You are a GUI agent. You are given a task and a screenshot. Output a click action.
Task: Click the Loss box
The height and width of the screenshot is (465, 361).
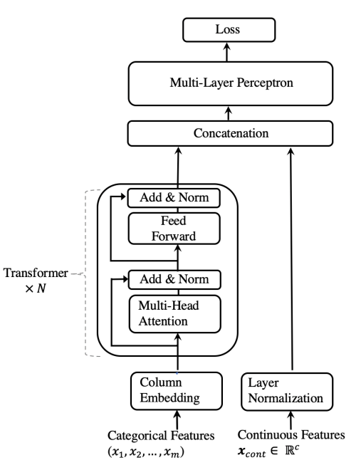pos(229,30)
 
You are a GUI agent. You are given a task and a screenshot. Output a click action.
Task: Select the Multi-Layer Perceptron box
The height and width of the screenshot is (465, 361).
pos(231,83)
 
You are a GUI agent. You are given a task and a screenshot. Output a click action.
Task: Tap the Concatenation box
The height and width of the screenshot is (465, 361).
pos(230,133)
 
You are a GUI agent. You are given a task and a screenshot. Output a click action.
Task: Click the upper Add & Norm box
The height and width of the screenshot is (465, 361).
pos(174,198)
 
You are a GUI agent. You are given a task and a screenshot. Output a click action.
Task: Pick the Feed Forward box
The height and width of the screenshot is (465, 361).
pos(174,229)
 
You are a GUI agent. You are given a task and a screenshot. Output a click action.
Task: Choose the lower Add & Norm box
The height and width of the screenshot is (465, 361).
pos(174,279)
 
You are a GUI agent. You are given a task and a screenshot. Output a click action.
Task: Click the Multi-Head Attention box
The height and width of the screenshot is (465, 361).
pos(175,314)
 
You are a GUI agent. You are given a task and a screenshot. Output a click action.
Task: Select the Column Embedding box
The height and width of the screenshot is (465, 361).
pos(177,391)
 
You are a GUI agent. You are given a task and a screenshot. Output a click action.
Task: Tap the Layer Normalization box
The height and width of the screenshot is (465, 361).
pos(287,392)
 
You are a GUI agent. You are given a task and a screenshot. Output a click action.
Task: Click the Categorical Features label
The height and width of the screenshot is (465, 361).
pos(161,436)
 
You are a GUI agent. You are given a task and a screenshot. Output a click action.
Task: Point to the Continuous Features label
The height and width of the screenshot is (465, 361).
pos(291,435)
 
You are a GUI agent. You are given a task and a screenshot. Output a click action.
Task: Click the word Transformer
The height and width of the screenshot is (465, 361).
pos(36,273)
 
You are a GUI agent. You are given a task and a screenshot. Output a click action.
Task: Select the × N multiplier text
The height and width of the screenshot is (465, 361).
pos(36,288)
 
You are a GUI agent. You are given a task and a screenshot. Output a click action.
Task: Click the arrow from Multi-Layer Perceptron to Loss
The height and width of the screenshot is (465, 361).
pos(227,51)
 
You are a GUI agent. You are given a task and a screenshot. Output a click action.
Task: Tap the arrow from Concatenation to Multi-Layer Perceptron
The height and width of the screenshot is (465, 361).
pos(228,113)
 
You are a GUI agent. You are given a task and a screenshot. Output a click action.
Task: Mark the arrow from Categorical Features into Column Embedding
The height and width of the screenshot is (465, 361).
pos(177,419)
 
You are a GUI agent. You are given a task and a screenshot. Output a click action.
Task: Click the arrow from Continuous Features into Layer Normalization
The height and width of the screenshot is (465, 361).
pos(291,419)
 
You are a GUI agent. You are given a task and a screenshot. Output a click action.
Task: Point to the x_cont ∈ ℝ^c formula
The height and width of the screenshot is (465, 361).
pos(268,451)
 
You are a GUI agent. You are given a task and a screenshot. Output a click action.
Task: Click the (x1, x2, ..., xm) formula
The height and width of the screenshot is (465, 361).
pos(146,452)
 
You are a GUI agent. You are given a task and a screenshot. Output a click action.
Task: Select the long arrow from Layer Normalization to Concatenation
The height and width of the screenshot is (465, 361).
pos(292,258)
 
